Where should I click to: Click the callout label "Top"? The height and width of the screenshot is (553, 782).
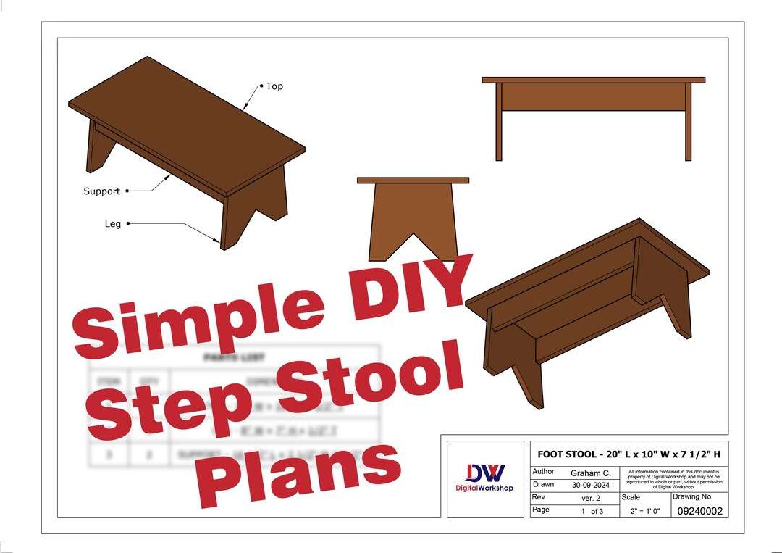[x=274, y=86]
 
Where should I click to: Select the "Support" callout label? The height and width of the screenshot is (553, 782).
[x=101, y=191]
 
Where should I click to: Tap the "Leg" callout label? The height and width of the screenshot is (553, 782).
[x=112, y=224]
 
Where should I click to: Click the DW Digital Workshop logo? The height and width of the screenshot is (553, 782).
[x=484, y=478]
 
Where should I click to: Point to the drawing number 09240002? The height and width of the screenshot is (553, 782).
[x=699, y=512]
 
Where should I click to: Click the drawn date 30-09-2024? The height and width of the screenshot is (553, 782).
[x=591, y=485]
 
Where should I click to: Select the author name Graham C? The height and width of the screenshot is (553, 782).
[x=591, y=473]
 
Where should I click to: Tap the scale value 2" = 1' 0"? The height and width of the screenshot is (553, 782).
[x=644, y=512]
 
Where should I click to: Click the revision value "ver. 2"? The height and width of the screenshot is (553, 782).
[x=591, y=498]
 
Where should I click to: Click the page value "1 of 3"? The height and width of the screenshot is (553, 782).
[x=591, y=511]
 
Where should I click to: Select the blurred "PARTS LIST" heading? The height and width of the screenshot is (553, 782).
[x=224, y=357]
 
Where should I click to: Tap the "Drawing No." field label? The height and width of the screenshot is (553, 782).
[x=692, y=497]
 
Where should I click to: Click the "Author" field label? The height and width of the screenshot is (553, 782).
[x=544, y=472]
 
